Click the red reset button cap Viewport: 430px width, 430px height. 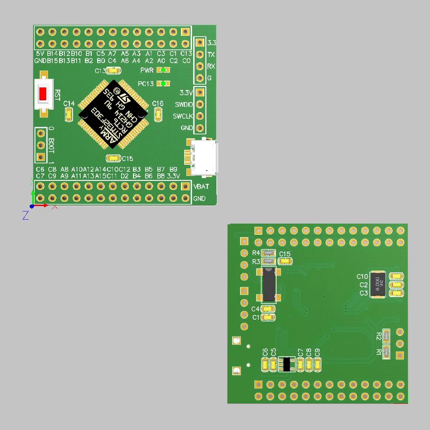(x=43, y=94)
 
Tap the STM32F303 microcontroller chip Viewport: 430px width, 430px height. (x=113, y=114)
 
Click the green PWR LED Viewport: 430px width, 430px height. (x=164, y=70)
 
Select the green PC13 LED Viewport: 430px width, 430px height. (x=164, y=83)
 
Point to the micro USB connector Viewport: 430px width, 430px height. (x=203, y=158)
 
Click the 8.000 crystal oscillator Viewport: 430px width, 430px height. (x=378, y=285)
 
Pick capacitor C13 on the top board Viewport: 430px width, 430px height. (x=113, y=71)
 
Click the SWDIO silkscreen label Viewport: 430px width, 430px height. (x=184, y=105)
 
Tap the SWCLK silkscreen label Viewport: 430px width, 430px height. (x=183, y=116)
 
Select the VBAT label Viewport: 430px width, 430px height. (x=201, y=186)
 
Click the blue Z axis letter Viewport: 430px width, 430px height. (x=25, y=215)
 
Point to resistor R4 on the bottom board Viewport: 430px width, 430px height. (x=268, y=253)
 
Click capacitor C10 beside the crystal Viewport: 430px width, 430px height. (x=396, y=276)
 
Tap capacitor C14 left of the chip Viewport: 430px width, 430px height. (x=69, y=115)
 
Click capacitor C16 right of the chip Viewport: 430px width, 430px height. (x=158, y=115)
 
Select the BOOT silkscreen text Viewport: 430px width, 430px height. (x=51, y=145)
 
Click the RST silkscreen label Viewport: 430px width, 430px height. (x=57, y=95)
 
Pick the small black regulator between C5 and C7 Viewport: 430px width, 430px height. (x=286, y=364)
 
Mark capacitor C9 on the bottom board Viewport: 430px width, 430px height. (x=317, y=365)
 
